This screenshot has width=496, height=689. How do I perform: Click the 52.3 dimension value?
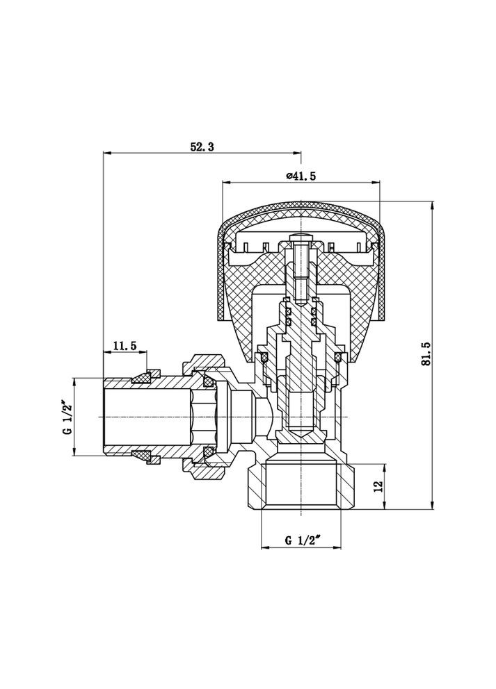coord(202,147)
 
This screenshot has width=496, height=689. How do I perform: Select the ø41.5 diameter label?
coord(301,176)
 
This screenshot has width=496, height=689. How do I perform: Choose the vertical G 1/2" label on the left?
coord(67,417)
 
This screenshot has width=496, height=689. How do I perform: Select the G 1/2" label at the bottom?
coord(301,540)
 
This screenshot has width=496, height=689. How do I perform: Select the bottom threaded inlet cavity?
coord(301,486)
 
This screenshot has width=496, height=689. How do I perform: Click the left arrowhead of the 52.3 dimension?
coord(106,153)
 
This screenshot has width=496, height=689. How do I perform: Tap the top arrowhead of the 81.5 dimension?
coord(433,206)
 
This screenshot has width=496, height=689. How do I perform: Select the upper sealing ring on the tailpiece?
coord(143,377)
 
